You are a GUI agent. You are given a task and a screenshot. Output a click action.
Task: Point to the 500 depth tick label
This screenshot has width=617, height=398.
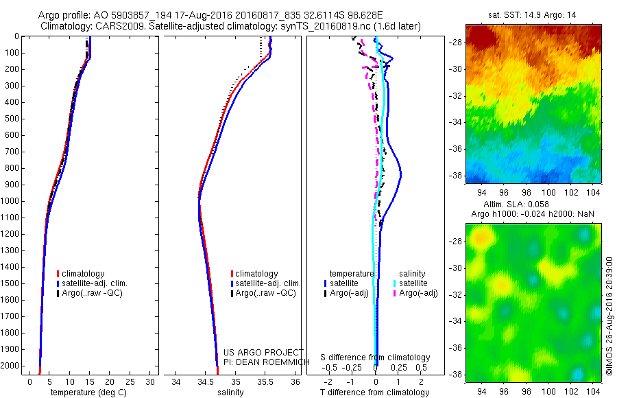coord(11,119)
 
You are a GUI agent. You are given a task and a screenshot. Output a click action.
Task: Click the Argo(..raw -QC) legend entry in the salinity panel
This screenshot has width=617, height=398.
coord(265,293)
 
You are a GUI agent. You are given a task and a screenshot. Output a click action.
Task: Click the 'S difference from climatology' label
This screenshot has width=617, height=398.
coord(375,358)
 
